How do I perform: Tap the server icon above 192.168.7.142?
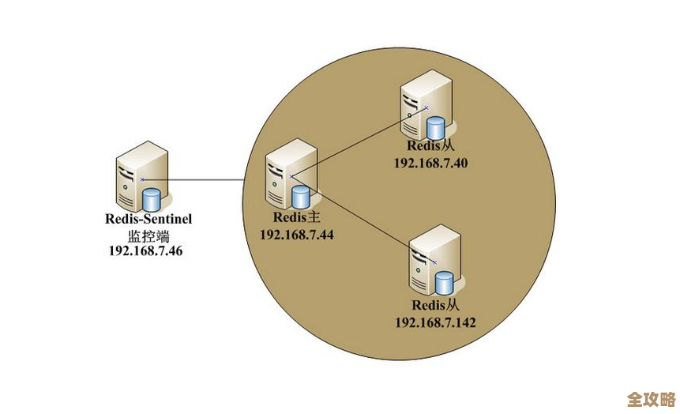point(433,260)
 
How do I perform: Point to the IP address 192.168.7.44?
point(297,235)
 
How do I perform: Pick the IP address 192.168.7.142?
point(435,322)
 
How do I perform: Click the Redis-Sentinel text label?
point(148,219)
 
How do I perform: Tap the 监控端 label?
point(148,235)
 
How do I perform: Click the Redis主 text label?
point(295,218)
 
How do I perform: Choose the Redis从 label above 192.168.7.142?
point(435,305)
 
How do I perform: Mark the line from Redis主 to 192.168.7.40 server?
point(359,142)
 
